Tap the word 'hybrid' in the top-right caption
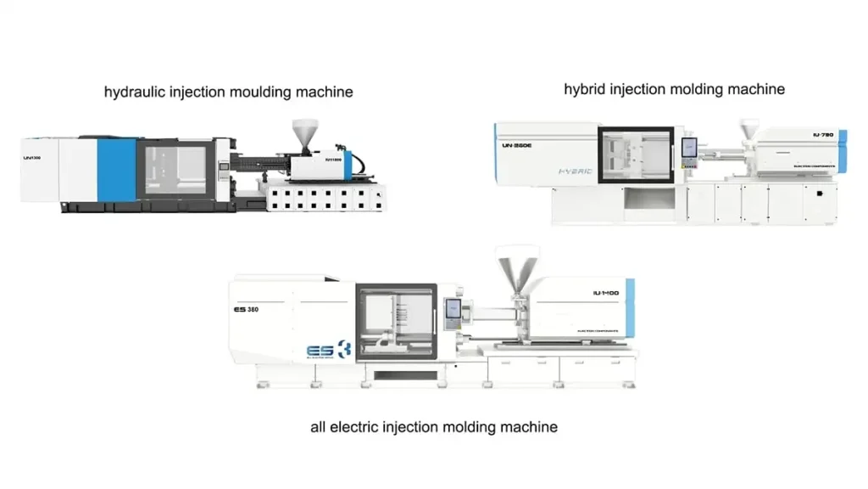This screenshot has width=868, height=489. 585,89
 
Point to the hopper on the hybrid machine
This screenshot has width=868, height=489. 748,130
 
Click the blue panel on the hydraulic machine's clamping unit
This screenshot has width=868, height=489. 116,170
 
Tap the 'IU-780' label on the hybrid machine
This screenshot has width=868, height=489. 823,136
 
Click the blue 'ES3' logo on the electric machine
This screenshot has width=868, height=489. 328,349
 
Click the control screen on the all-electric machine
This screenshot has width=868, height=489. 453,310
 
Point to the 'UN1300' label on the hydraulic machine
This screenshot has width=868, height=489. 32,157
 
